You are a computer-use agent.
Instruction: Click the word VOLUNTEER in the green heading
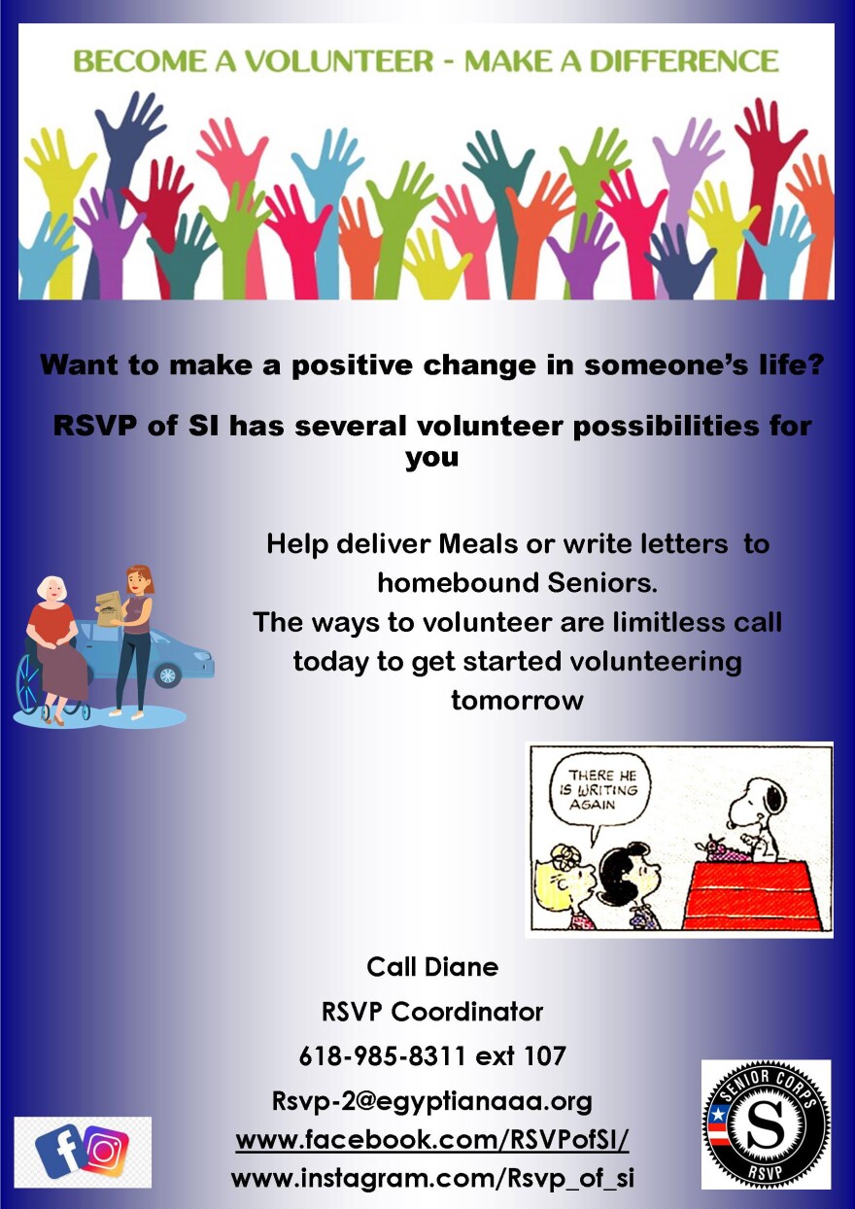(x=340, y=61)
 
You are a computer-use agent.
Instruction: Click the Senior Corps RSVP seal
(x=766, y=1130)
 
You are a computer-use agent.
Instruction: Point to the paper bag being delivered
(x=109, y=608)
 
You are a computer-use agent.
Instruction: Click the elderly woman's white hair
(x=51, y=589)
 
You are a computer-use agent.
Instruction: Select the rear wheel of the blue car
(x=168, y=674)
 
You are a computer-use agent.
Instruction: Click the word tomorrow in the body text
(x=517, y=701)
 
